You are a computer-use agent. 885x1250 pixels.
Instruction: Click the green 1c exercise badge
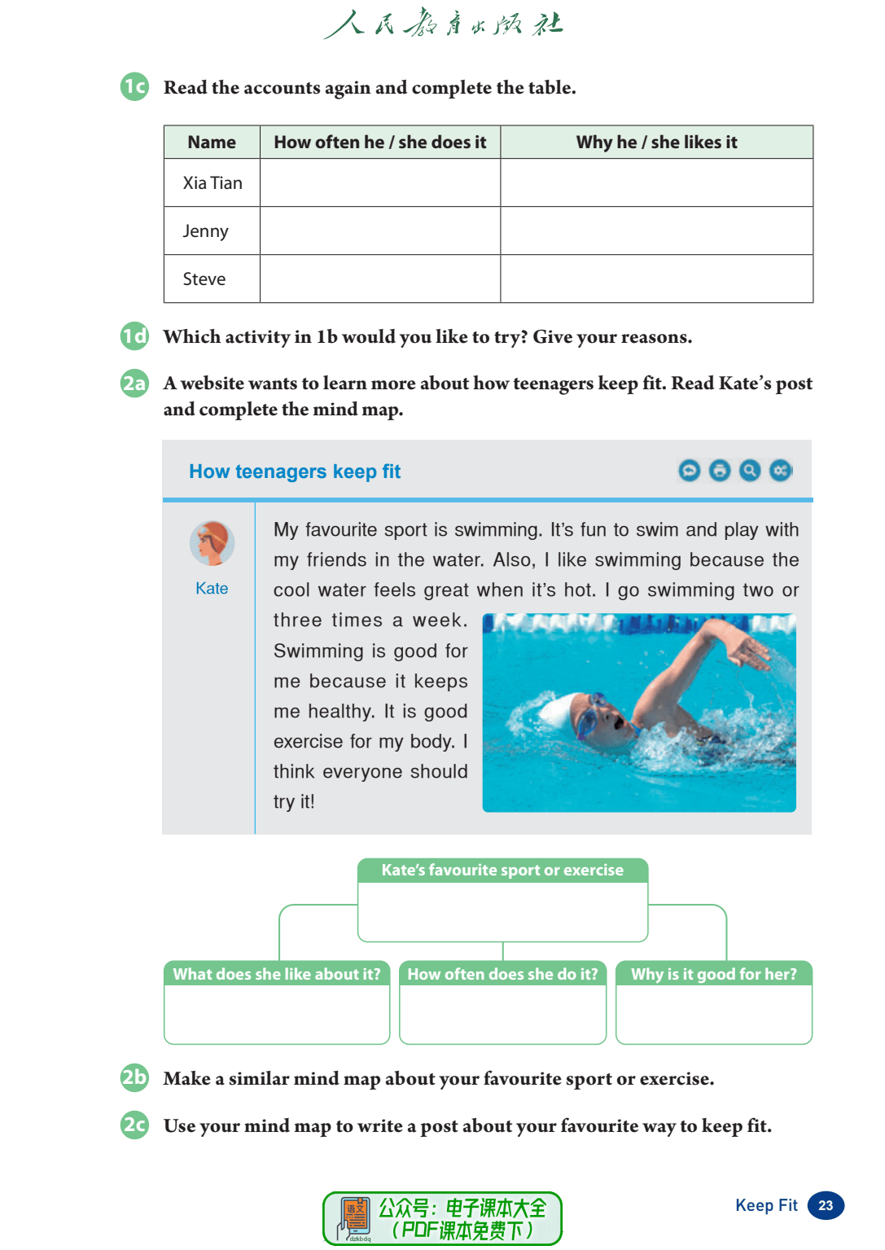(x=134, y=86)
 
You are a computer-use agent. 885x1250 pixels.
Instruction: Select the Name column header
(x=212, y=143)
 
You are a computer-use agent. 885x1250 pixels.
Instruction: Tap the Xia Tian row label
(x=212, y=183)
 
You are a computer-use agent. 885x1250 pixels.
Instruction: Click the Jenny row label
(x=205, y=231)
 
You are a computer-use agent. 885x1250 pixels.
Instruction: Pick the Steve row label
(x=204, y=279)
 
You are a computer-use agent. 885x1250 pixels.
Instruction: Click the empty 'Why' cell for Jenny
(x=656, y=231)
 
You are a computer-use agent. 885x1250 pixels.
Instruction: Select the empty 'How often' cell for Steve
(x=379, y=279)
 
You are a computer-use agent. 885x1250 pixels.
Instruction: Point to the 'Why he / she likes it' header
(x=656, y=143)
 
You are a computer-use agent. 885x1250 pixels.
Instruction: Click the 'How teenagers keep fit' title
(x=295, y=471)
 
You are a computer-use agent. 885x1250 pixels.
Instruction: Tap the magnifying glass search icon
(x=750, y=471)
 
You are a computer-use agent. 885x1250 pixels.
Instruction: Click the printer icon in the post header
(x=720, y=471)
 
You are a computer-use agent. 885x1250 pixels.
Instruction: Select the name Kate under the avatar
(x=212, y=589)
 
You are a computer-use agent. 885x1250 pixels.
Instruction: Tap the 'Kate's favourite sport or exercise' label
(x=502, y=871)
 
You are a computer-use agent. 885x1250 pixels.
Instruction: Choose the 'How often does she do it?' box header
(x=502, y=974)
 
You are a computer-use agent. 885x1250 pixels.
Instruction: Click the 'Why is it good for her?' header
(x=714, y=974)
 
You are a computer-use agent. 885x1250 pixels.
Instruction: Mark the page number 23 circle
(x=826, y=1206)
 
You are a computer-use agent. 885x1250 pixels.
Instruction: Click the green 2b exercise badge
(x=134, y=1078)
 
